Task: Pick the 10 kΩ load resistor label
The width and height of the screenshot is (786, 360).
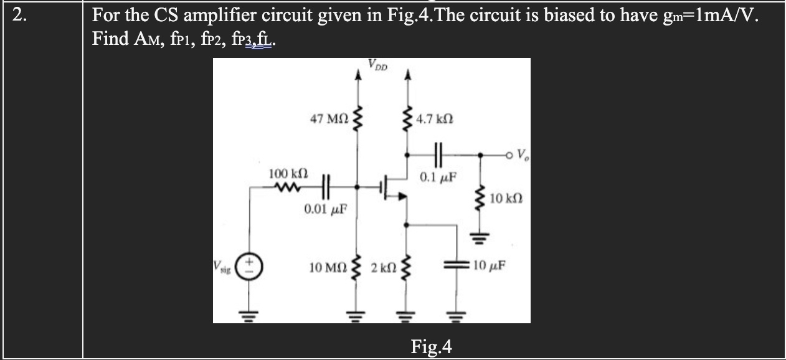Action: (505, 199)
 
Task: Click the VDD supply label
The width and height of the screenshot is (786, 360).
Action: (378, 64)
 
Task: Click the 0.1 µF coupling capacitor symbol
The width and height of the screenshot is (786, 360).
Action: (436, 152)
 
